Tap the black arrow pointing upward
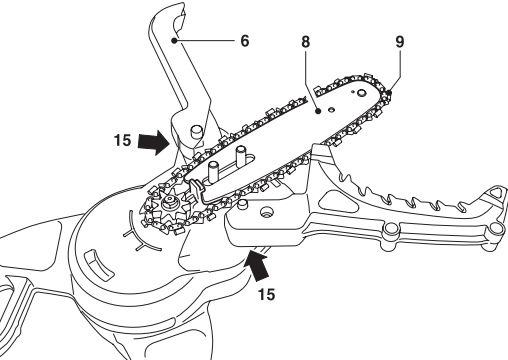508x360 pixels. pos(258,268)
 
